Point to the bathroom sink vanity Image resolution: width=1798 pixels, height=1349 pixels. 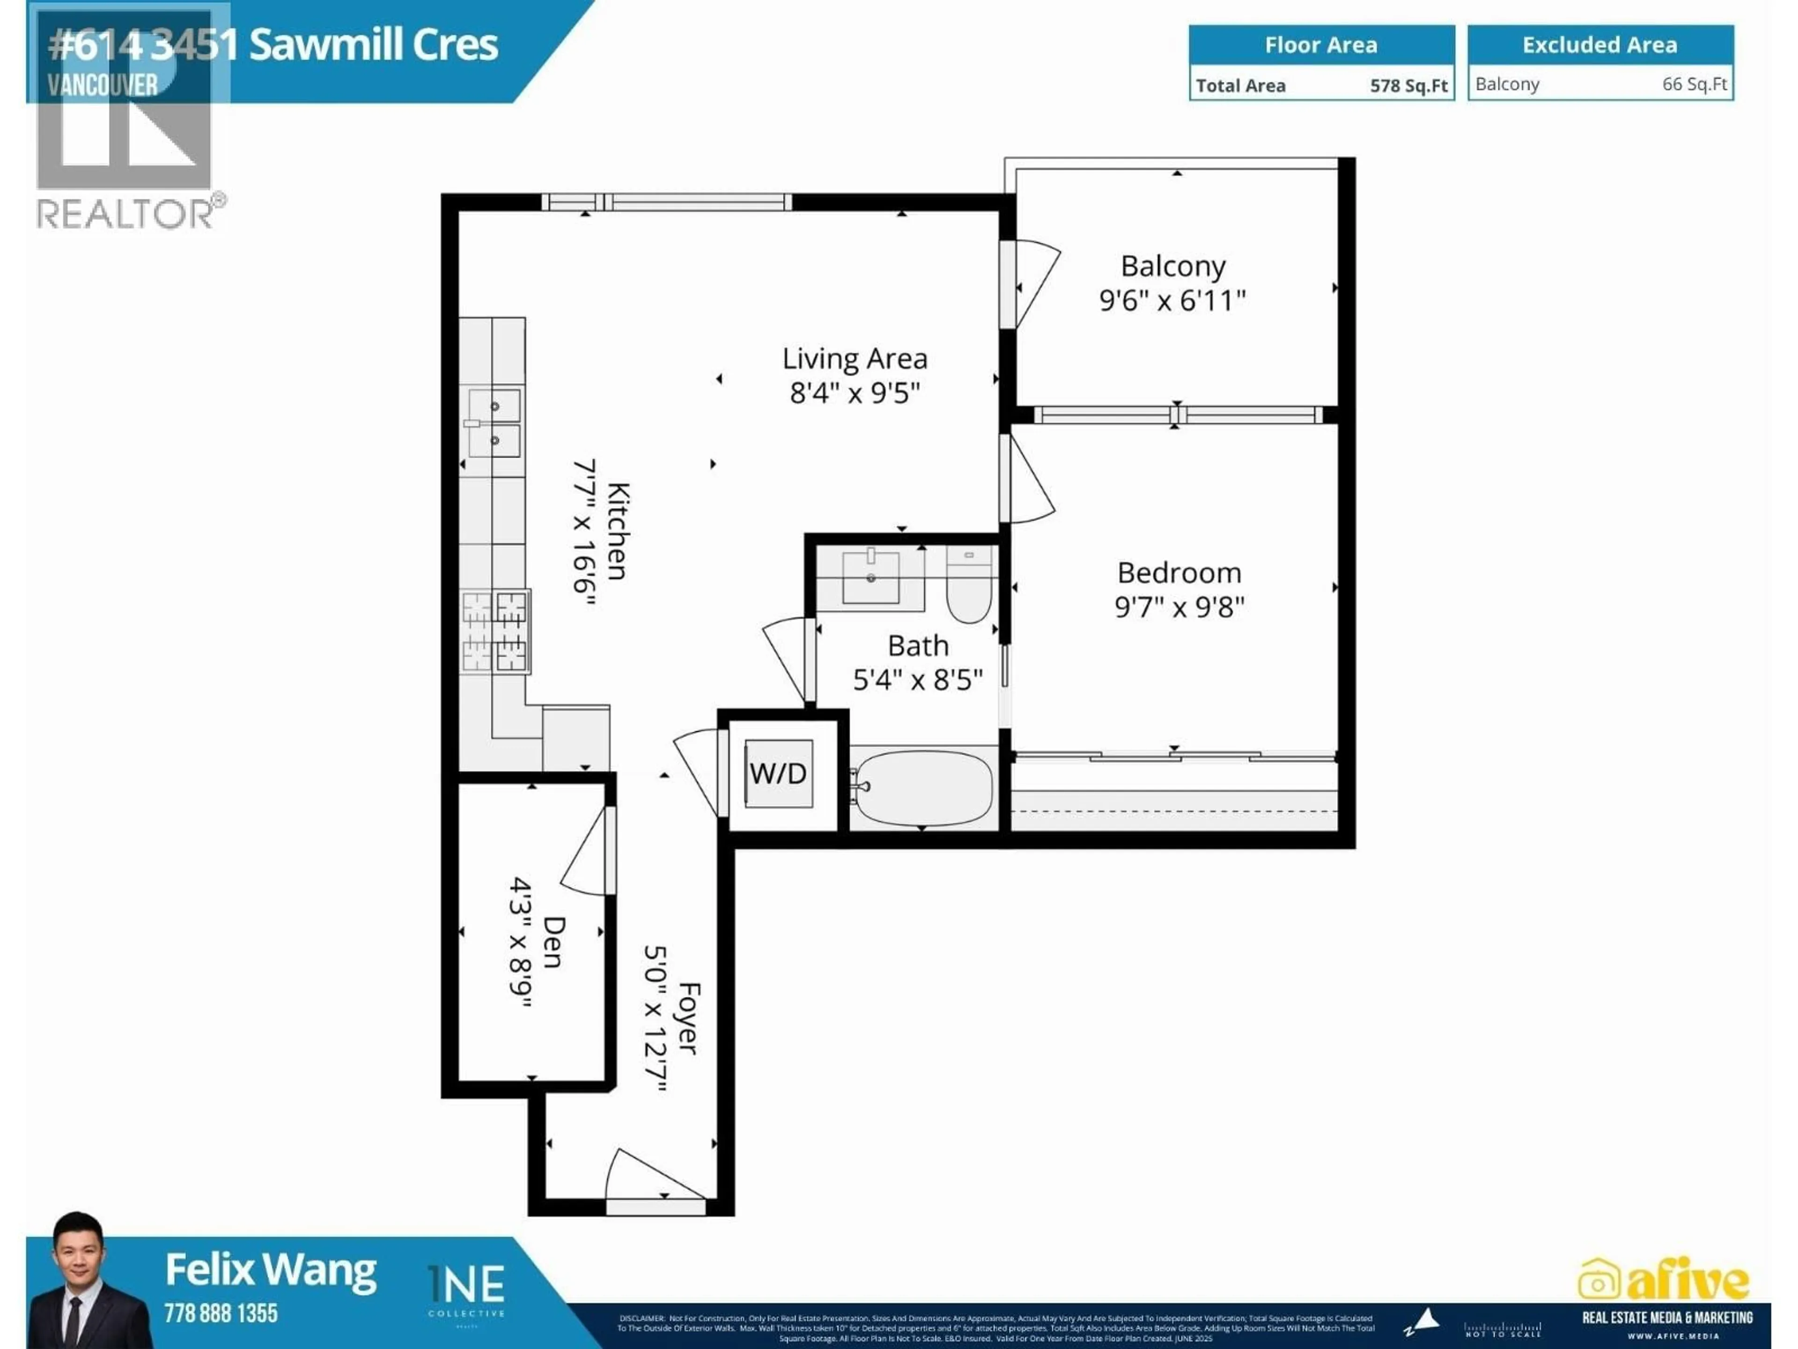click(x=870, y=578)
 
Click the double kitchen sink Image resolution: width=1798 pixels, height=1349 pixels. click(x=494, y=423)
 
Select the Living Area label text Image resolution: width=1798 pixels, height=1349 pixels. click(x=855, y=359)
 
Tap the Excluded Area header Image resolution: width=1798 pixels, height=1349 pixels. click(x=1599, y=44)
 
